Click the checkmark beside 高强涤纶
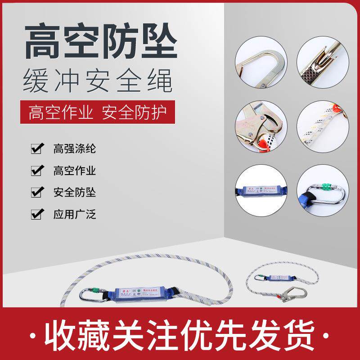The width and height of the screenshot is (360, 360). pos(37,148)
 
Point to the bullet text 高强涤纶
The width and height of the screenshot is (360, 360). pos(75,148)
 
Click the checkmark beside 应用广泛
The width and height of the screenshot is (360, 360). pos(37,214)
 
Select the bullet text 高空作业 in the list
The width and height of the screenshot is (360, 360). pos(75,171)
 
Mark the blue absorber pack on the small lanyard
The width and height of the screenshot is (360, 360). pos(279,279)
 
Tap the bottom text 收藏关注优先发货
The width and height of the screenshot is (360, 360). pos(180,335)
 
